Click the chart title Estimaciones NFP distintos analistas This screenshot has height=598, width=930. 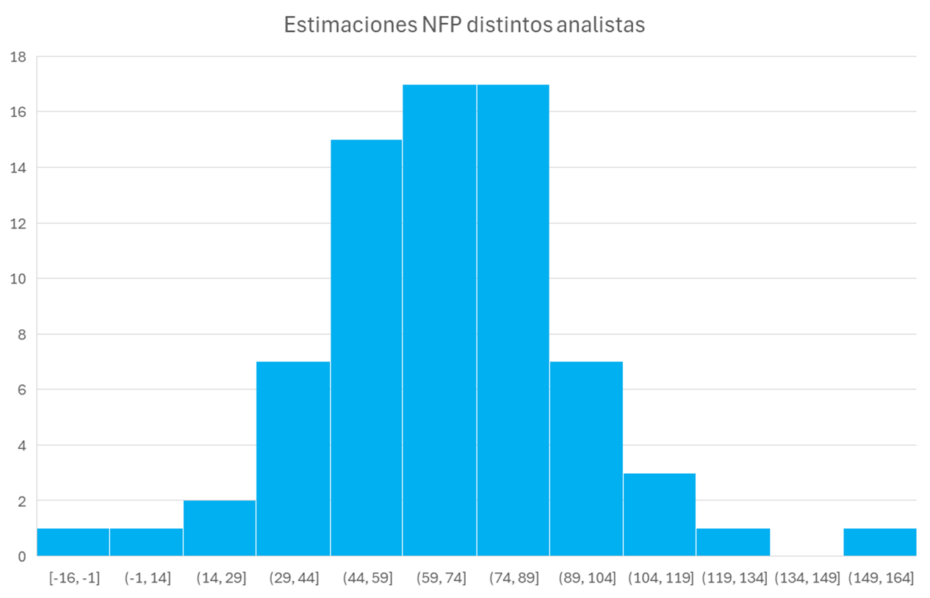[x=464, y=26]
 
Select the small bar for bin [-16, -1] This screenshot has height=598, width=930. [x=73, y=542]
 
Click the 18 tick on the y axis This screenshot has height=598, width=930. [x=20, y=57]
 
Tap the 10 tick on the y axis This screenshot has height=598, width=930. [x=20, y=278]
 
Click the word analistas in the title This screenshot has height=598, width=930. [x=600, y=26]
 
